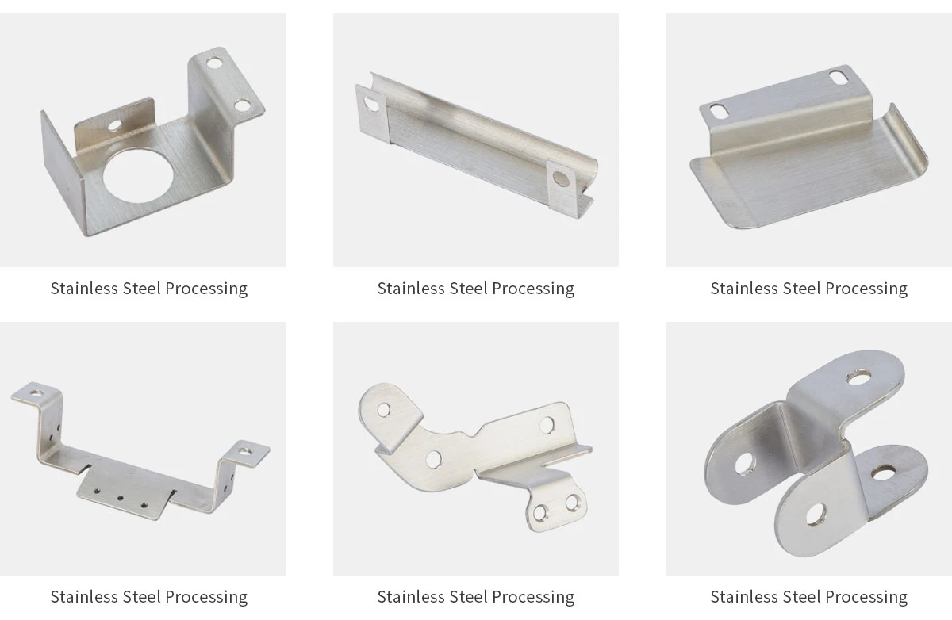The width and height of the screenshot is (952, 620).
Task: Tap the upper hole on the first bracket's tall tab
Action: coord(214,60)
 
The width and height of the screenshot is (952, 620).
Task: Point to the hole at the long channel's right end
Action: coord(562,179)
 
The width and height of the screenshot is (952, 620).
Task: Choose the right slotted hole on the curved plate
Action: coord(838,77)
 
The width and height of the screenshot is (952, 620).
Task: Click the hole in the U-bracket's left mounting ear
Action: coord(36,392)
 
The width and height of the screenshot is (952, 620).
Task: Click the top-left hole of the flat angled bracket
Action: coord(384,410)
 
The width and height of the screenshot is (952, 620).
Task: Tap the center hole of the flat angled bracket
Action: coord(433,459)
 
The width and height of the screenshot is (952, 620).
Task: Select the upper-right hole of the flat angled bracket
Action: coord(548,425)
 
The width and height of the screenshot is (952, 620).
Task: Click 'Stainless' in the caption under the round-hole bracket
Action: coord(84,289)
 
